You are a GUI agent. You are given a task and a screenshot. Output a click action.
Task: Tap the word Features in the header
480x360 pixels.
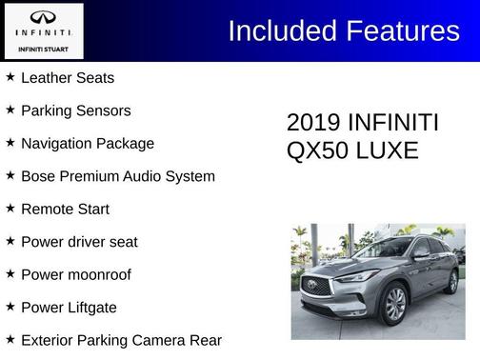(x=401, y=31)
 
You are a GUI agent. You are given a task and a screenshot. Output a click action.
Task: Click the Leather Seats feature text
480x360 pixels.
(x=67, y=77)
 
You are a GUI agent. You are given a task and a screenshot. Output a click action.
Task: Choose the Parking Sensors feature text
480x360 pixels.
(x=75, y=110)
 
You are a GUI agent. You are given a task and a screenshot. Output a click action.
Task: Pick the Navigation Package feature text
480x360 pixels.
(x=87, y=144)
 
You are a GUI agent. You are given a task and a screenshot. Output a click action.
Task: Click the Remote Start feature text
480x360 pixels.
(x=65, y=209)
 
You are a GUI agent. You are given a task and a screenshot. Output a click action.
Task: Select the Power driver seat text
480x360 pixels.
(x=79, y=242)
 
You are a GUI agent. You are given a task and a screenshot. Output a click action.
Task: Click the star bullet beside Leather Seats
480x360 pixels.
(x=10, y=76)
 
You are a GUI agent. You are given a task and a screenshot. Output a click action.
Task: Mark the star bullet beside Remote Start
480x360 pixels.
(x=10, y=208)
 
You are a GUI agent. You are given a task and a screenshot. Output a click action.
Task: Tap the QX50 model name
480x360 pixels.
(x=316, y=150)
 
